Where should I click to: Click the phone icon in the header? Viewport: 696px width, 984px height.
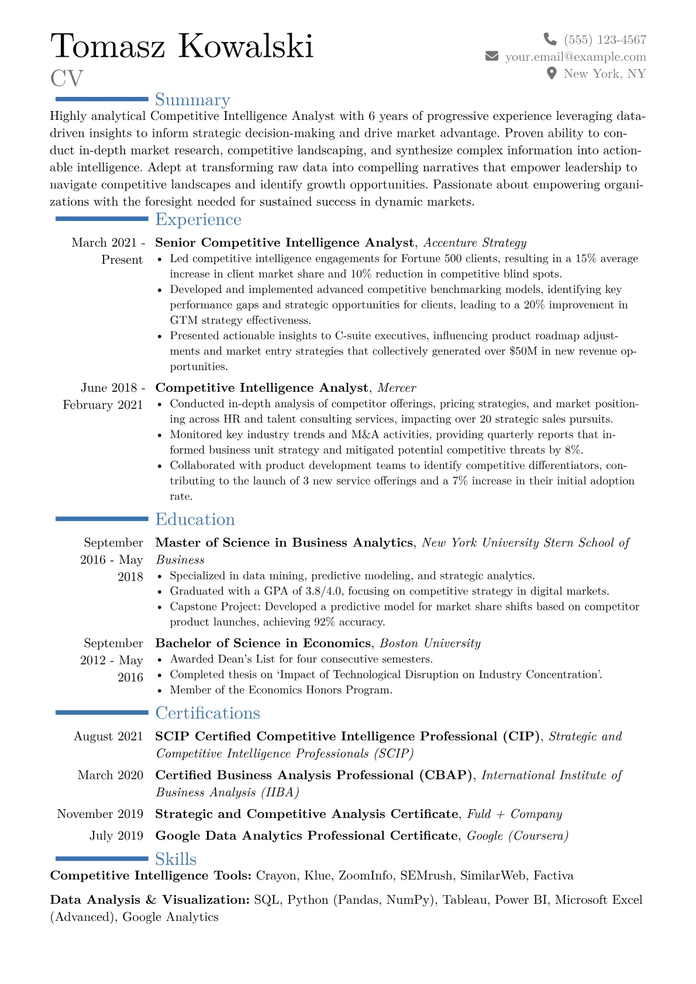tap(550, 39)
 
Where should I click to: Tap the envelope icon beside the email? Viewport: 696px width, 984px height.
tap(492, 56)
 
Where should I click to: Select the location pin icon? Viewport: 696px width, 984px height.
tap(551, 73)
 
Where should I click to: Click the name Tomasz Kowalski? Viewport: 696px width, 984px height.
tap(182, 46)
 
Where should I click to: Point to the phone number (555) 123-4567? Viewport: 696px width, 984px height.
tap(605, 40)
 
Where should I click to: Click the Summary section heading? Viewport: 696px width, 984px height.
tap(192, 100)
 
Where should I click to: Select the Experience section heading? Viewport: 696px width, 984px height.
tap(198, 219)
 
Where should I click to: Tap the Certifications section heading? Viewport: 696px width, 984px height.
tap(208, 713)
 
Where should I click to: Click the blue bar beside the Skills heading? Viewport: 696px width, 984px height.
tap(102, 858)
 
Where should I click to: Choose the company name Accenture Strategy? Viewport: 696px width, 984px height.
tap(474, 243)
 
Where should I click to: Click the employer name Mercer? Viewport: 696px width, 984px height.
tap(397, 388)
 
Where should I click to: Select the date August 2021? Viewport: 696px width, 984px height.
tap(108, 737)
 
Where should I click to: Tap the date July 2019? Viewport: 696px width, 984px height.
tap(116, 835)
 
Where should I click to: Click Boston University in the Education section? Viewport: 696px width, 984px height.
tap(430, 644)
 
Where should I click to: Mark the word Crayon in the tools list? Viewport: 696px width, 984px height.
tap(276, 876)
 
